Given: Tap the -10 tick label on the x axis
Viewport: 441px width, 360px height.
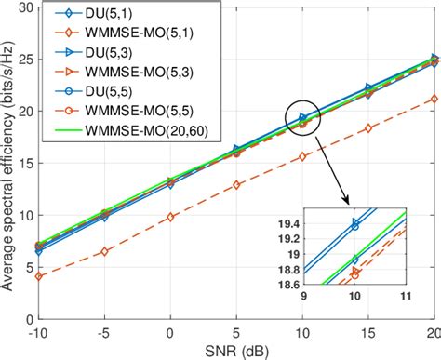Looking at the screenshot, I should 36,332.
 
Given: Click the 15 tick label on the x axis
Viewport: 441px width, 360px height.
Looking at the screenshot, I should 369,332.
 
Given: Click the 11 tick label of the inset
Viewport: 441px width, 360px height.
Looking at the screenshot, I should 405,298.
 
